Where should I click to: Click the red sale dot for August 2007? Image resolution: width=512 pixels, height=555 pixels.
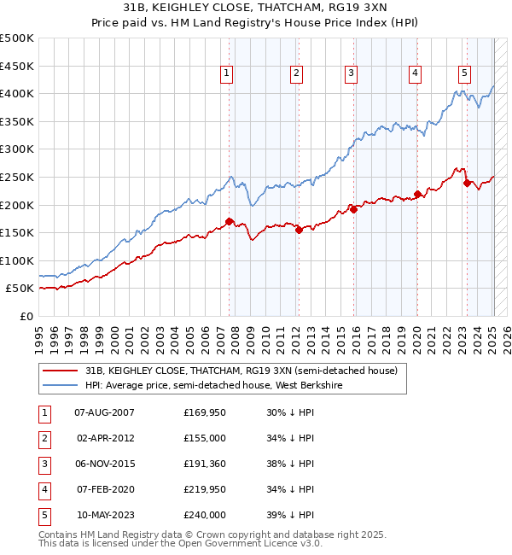[229, 222]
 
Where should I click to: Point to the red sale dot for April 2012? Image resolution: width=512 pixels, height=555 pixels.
[299, 230]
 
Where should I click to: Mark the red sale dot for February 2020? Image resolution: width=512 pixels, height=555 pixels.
[417, 194]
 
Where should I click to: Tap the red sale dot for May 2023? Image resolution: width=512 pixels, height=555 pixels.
[467, 183]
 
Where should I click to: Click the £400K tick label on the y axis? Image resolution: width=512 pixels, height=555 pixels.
[17, 93]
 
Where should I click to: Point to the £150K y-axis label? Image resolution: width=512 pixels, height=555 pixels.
[17, 232]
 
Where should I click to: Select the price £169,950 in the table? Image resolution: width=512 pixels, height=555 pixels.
[205, 412]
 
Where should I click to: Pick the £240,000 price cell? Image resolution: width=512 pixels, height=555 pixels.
[205, 515]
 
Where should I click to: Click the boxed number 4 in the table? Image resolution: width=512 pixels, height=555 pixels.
[43, 489]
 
